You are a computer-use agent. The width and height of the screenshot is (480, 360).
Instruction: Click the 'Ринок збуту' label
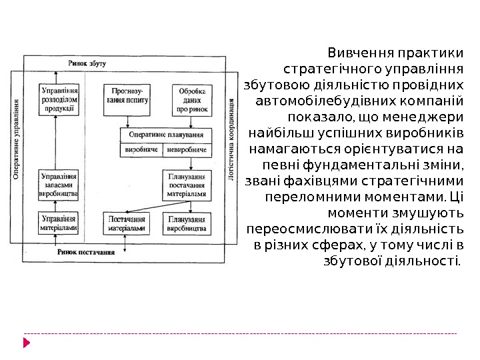[87, 62]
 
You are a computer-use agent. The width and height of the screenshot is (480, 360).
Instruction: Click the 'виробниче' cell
[142, 150]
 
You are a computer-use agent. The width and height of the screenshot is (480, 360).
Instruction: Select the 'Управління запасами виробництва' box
[59, 185]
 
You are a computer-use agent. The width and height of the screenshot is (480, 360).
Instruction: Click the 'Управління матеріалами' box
[59, 223]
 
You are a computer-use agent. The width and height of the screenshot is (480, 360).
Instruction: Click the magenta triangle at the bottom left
[27, 343]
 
